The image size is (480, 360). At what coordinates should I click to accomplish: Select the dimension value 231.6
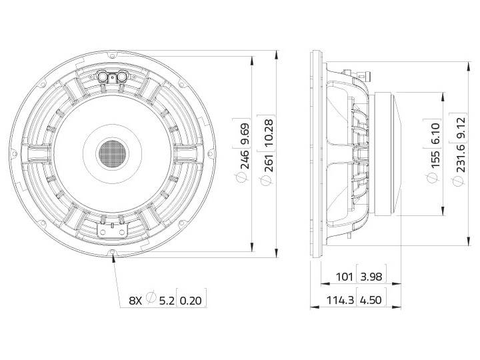pyautogui.click(x=461, y=170)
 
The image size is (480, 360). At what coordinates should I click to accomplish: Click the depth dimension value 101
pyautogui.click(x=344, y=276)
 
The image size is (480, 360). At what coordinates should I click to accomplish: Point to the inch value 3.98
pyautogui.click(x=371, y=276)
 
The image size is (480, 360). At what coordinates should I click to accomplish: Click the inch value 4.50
pyautogui.click(x=371, y=300)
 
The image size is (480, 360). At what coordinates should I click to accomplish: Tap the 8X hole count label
pyautogui.click(x=135, y=300)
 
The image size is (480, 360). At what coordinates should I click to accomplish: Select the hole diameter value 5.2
pyautogui.click(x=167, y=300)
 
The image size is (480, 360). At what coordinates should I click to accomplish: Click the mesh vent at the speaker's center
pyautogui.click(x=112, y=154)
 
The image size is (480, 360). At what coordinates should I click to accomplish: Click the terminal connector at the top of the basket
pyautogui.click(x=113, y=77)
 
